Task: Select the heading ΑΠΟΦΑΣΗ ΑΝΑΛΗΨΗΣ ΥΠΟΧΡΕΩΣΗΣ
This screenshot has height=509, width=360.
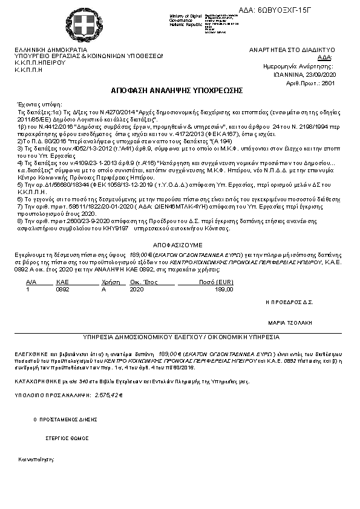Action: pyautogui.click(x=177, y=90)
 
